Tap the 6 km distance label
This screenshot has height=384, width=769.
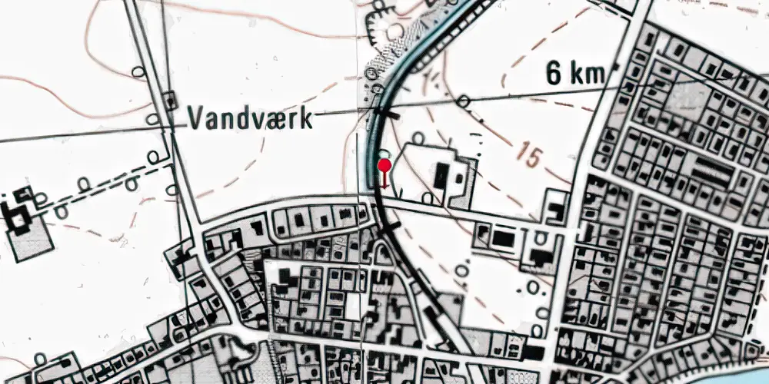(575, 74)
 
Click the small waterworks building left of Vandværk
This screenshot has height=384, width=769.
(169, 99)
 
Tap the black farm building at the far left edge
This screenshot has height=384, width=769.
(17, 219)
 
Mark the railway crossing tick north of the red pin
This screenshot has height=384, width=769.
(389, 114)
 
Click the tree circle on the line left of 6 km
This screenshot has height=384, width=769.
(463, 101)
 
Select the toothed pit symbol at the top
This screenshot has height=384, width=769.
(378, 23)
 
